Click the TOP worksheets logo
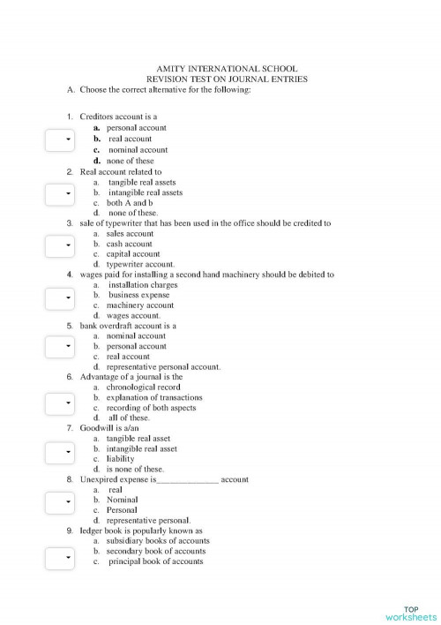pos(412,613)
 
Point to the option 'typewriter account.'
pos(140,264)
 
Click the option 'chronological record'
pos(143,387)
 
